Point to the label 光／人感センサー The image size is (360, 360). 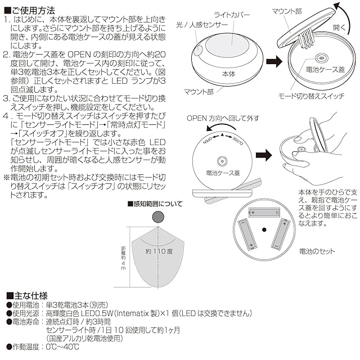pos(201,26)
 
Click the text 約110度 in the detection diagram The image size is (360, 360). pos(158,250)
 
